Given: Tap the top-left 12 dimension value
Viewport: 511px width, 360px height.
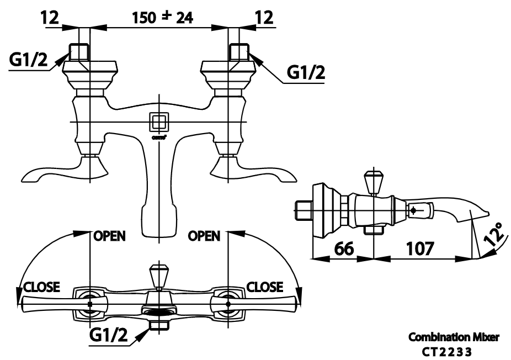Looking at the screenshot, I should pyautogui.click(x=50, y=18).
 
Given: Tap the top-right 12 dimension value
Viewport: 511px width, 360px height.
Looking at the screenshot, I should pyautogui.click(x=265, y=18).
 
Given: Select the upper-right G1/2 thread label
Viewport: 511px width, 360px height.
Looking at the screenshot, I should pyautogui.click(x=305, y=72).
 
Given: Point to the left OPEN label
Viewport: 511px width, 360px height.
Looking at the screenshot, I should pyautogui.click(x=109, y=236).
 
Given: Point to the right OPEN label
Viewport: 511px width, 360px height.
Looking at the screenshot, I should pyautogui.click(x=204, y=236).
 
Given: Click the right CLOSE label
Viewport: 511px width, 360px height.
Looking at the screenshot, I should pyautogui.click(x=265, y=287).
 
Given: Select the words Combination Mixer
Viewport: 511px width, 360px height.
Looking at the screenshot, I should pyautogui.click(x=454, y=337).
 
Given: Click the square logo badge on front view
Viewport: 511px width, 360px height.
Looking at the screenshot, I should pyautogui.click(x=159, y=121).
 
